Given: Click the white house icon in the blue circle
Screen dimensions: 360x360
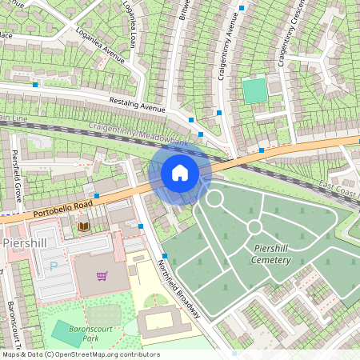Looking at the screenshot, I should click(180, 173).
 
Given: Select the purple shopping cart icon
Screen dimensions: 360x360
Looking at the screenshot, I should click(102, 277).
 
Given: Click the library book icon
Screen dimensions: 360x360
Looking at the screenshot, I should click(83, 227).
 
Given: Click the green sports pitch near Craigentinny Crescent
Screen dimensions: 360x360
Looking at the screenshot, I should click(254, 90).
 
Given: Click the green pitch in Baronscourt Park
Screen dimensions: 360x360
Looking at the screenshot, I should click(66, 332).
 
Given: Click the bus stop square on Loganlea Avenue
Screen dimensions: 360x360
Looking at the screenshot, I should click(35, 84).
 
